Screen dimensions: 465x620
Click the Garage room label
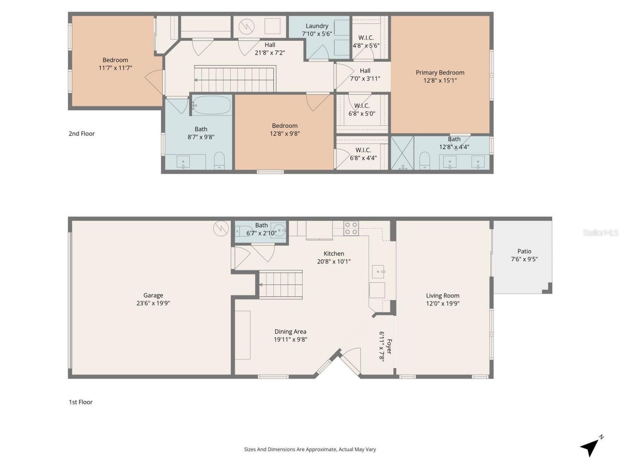point(153,295)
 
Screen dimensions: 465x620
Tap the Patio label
point(524,251)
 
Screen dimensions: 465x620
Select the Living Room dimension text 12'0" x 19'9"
point(443,304)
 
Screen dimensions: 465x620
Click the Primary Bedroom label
point(440,73)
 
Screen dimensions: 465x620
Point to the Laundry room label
point(317,26)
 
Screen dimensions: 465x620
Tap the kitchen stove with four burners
point(351,228)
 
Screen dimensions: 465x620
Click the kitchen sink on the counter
point(378,272)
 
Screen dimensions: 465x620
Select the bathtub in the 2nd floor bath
point(212,105)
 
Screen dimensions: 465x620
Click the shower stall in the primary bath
point(402,153)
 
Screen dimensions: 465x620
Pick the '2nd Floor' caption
point(81,134)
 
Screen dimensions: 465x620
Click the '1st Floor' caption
point(80,402)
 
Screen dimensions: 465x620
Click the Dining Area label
point(290,332)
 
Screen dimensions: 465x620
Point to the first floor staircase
point(281,285)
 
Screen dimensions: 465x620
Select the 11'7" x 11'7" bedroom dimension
point(115,68)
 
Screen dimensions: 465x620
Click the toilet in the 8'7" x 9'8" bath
point(219,161)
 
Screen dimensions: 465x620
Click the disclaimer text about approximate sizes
point(310,449)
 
